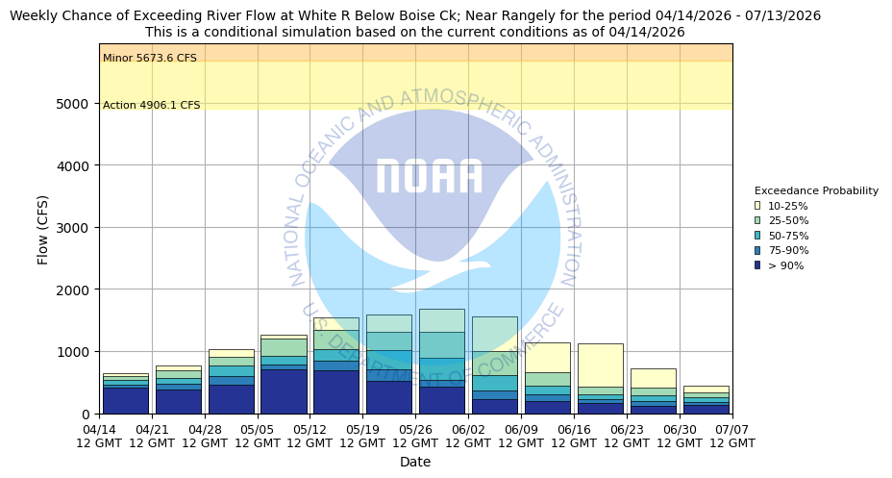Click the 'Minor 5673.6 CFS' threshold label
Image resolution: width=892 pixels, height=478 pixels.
[x=149, y=59]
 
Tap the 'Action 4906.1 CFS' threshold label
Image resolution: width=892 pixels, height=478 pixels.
[x=151, y=106]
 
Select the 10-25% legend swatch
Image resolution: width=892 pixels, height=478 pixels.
[x=757, y=206]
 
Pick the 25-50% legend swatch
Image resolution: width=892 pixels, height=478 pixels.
[x=757, y=220]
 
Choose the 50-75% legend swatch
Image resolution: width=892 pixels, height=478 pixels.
[x=757, y=236]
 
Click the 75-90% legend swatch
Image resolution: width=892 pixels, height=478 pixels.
[x=757, y=250]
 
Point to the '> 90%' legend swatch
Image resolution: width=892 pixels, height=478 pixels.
[x=757, y=265]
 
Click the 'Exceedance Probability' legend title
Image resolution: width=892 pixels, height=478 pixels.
[x=816, y=190]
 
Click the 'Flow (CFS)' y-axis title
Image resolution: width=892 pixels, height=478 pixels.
[x=43, y=229]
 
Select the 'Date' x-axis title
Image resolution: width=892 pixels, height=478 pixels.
[x=415, y=462]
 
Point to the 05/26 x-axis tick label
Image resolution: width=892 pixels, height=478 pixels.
[x=415, y=436]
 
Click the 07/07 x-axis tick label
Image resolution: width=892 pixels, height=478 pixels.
[x=731, y=436]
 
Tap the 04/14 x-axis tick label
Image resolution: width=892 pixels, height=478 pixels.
[x=100, y=436]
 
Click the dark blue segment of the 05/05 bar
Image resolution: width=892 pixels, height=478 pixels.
[x=284, y=391]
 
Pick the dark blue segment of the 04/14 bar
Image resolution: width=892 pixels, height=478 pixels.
[x=126, y=400]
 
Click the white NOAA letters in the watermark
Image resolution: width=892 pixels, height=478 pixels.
[x=429, y=177]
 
